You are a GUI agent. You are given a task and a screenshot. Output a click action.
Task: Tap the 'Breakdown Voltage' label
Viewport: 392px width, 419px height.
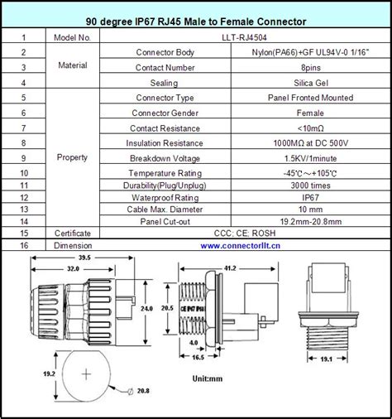(169, 157)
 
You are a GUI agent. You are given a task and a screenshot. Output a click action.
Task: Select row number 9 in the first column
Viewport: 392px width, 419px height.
(25, 157)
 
